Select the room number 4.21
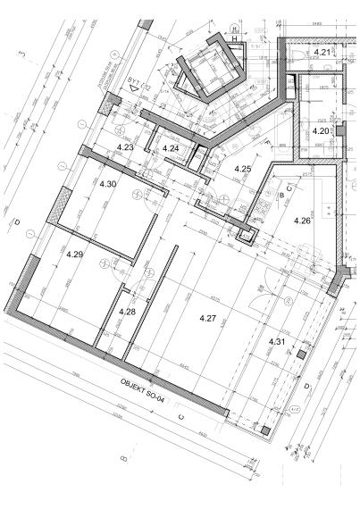point(322,54)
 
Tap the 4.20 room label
point(321,131)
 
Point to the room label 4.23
point(126,146)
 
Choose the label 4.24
point(171,147)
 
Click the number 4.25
point(242,169)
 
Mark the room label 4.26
point(302,221)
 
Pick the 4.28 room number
point(127,312)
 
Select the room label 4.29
point(75,254)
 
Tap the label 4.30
point(108,183)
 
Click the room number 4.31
point(277,341)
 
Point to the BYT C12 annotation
point(137,85)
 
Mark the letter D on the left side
point(16,221)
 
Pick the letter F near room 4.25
point(267,143)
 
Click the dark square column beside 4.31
point(301,355)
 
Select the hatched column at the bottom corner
point(265,432)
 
